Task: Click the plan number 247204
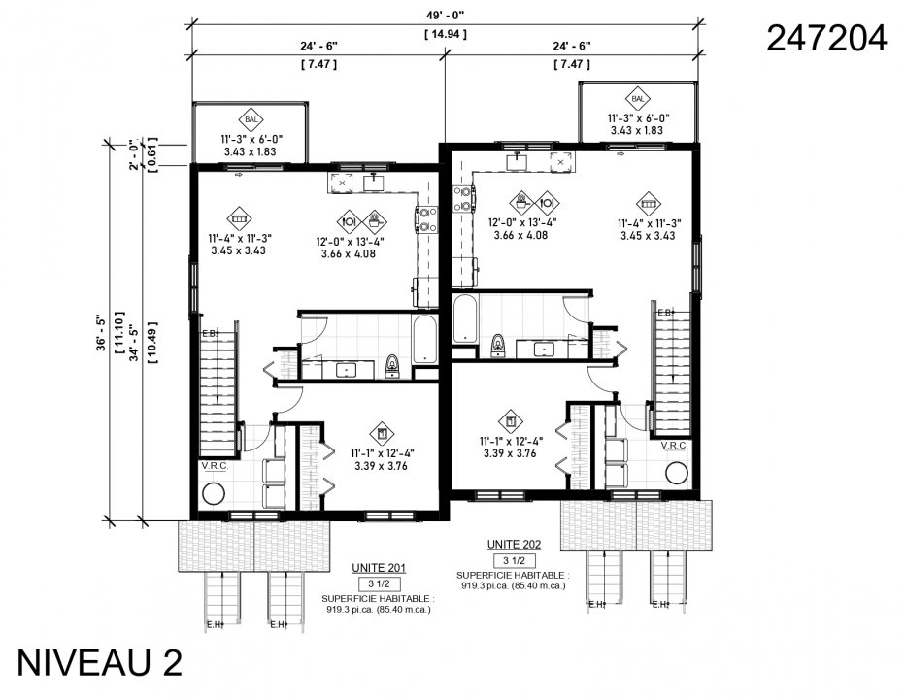[x=825, y=38]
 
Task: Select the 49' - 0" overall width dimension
[x=446, y=14]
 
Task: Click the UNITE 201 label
[x=380, y=568]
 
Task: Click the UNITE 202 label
[x=514, y=545]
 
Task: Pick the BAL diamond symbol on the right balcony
[x=638, y=99]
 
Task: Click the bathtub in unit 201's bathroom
[x=426, y=339]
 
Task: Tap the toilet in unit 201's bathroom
[x=392, y=364]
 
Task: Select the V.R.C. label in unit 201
[x=214, y=466]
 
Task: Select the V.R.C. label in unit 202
[x=674, y=446]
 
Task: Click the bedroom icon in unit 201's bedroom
[x=381, y=433]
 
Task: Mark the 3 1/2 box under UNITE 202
[x=514, y=561]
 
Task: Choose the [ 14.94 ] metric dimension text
[x=446, y=34]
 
